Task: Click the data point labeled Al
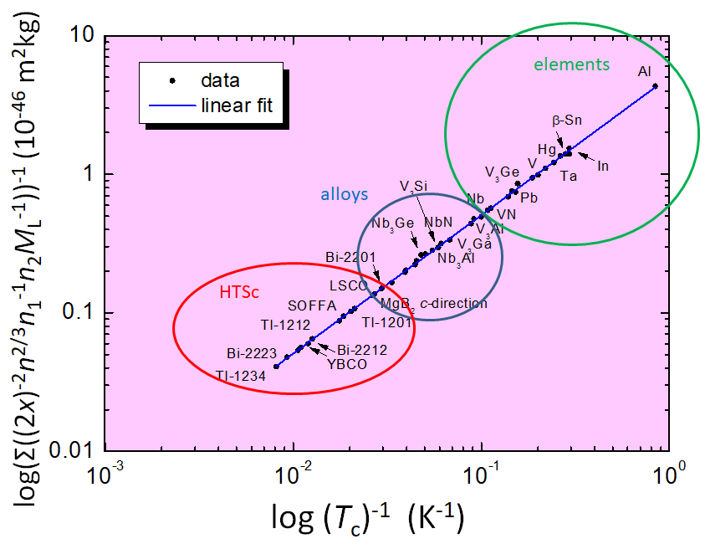coord(655,85)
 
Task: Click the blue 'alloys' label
coord(345,194)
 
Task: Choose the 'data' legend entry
coord(220,80)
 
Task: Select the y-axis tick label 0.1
coord(78,313)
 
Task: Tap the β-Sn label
coord(567,121)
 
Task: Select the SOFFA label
coord(311,305)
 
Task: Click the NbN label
coord(439,222)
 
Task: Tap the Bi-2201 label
coord(351,256)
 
